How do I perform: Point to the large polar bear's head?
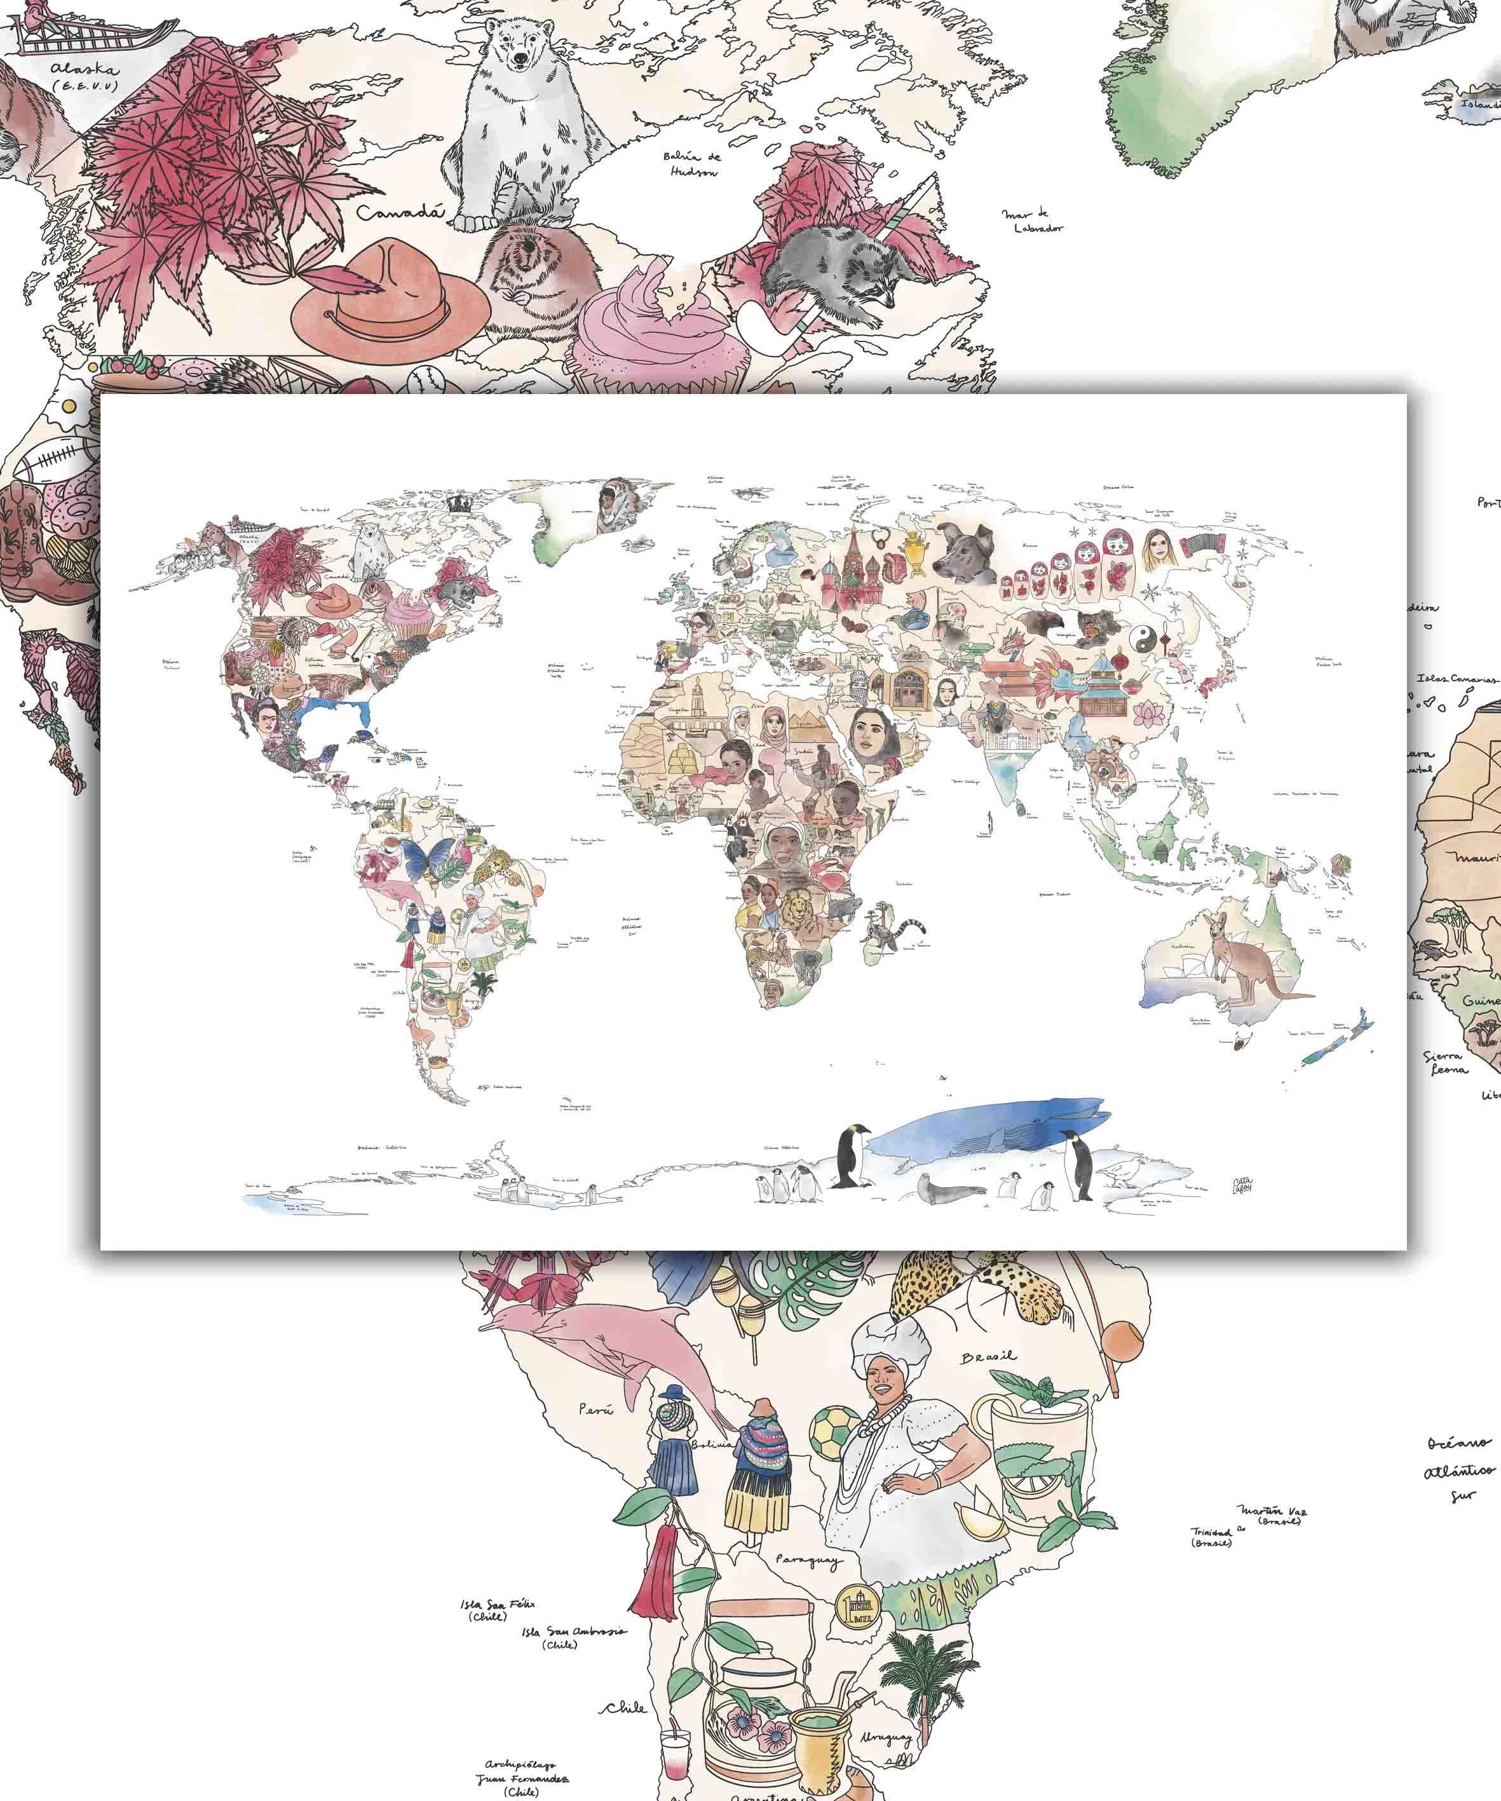tap(520, 51)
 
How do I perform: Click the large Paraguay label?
tap(806, 1560)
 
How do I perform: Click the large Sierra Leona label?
tap(1444, 1063)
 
